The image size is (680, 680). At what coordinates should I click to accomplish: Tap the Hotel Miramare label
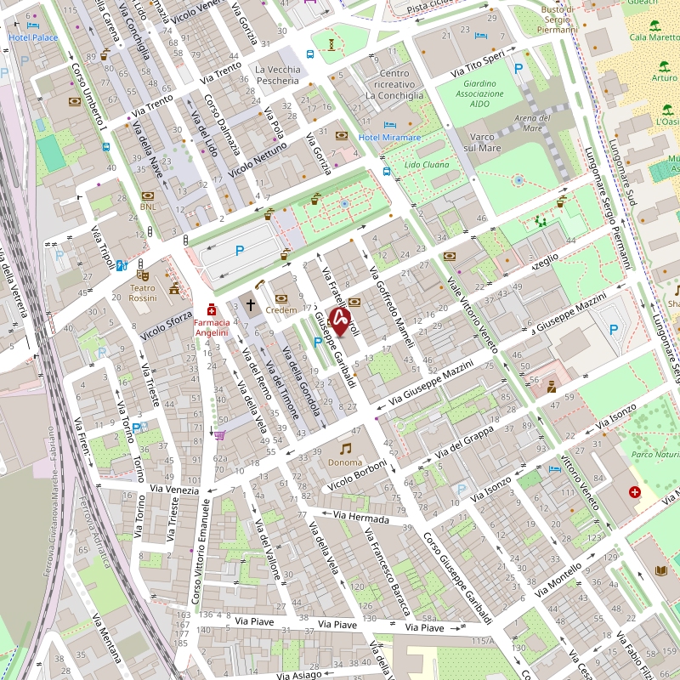click(390, 138)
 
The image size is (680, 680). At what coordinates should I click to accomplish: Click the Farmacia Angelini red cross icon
click(212, 309)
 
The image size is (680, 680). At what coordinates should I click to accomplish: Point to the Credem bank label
click(281, 310)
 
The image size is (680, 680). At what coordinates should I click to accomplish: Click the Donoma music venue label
click(345, 463)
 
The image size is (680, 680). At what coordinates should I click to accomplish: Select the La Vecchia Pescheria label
click(277, 75)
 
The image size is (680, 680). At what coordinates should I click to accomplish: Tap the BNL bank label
click(148, 206)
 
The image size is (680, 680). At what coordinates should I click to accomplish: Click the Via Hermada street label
click(360, 517)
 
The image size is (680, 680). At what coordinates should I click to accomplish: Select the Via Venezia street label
click(173, 490)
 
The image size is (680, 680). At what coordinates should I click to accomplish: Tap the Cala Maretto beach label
click(654, 37)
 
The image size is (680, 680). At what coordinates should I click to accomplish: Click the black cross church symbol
click(251, 303)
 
